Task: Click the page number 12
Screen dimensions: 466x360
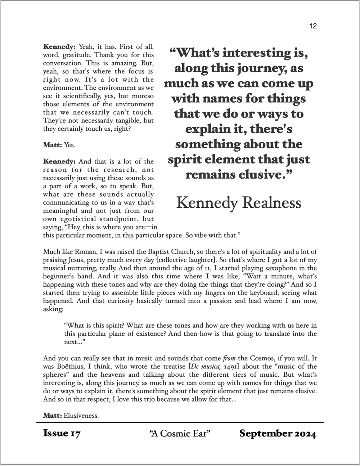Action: [312, 26]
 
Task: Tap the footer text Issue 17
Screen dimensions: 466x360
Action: [62, 433]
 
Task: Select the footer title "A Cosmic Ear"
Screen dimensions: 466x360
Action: [179, 433]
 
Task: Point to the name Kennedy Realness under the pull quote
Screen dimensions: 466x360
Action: [239, 202]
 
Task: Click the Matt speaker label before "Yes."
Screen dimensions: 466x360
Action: [53, 145]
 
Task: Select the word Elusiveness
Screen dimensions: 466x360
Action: [81, 416]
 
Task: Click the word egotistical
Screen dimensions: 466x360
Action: [86, 219]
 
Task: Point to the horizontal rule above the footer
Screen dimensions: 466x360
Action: [180, 422]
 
